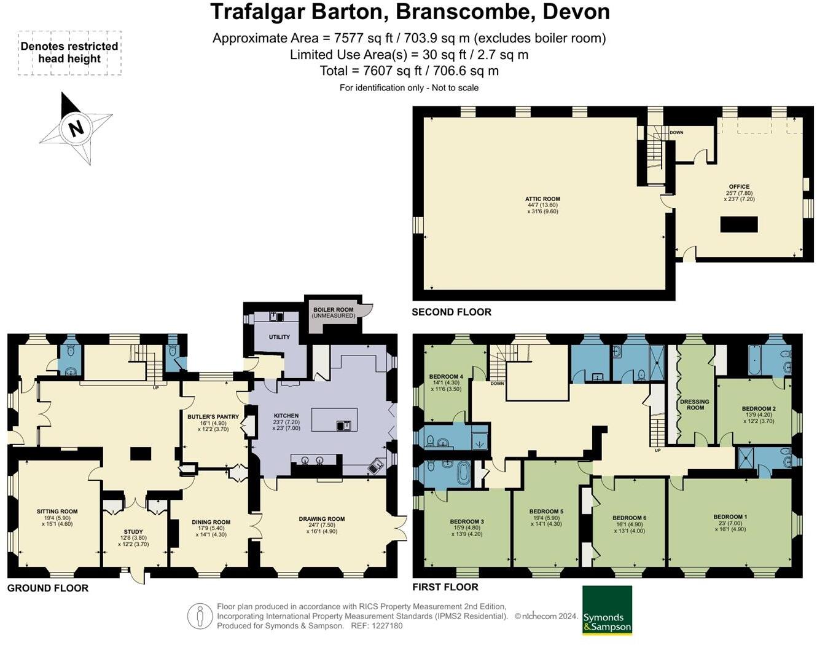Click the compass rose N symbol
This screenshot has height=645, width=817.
point(76,129)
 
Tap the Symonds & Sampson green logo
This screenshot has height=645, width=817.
point(607,610)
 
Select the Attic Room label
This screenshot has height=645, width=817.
point(542,199)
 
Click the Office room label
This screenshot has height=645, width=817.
point(739,187)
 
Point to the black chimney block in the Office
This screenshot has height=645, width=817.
point(739,224)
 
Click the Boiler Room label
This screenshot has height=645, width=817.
point(333,310)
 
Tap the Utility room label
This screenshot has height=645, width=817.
point(279,337)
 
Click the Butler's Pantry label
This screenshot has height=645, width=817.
point(213,417)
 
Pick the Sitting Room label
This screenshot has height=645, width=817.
point(57,512)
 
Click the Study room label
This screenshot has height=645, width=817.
point(133,532)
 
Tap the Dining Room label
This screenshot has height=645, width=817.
point(211,522)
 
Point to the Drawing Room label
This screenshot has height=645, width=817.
point(322,519)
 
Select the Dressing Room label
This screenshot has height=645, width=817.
point(695,404)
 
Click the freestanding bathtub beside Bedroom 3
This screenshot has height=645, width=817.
point(461,474)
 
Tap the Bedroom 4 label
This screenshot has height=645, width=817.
point(446,377)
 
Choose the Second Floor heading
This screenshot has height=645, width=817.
point(451,312)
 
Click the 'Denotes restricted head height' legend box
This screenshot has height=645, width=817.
point(69,53)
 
